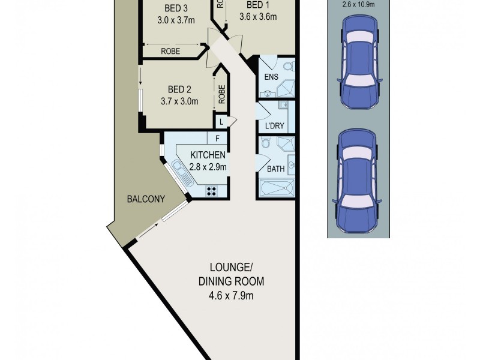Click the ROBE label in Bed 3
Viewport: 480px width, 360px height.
(171, 52)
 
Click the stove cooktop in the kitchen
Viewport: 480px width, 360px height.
(212, 191)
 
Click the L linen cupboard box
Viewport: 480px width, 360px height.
(221, 122)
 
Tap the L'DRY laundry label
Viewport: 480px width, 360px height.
(274, 126)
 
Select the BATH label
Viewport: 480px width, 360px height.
(275, 169)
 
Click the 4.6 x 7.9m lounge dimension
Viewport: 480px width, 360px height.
(229, 295)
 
